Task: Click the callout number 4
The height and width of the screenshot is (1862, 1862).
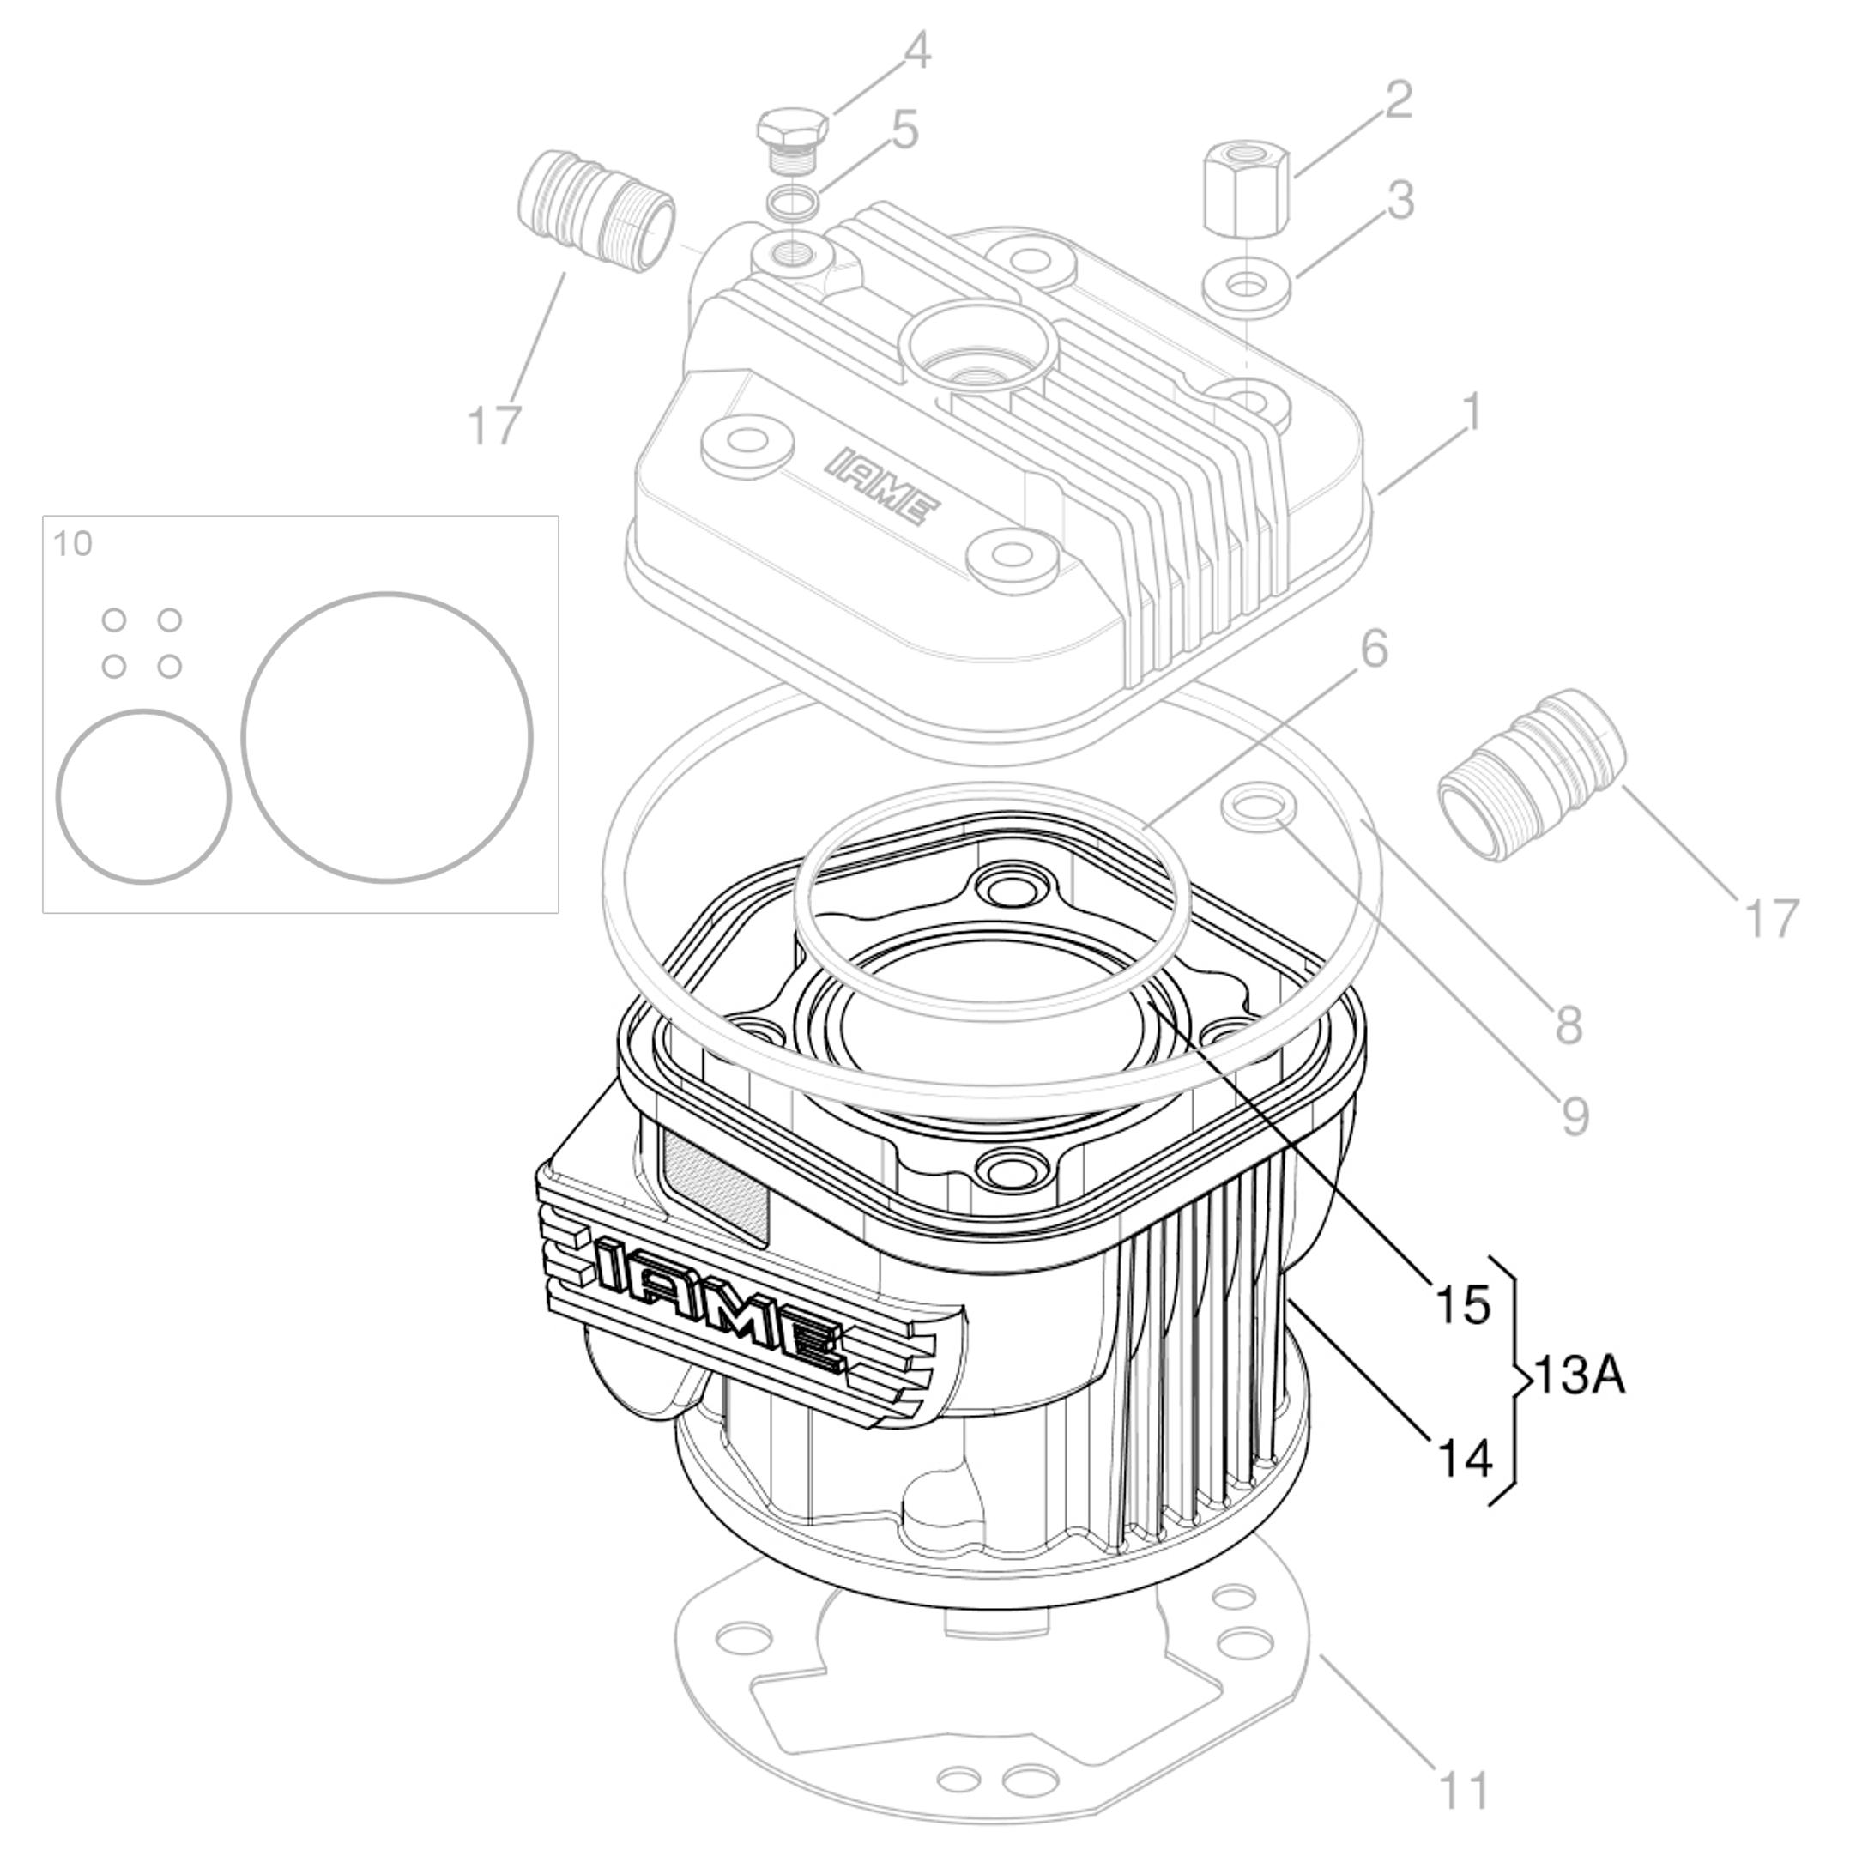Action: pyautogui.click(x=917, y=51)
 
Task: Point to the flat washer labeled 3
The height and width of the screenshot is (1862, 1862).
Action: pyautogui.click(x=1247, y=287)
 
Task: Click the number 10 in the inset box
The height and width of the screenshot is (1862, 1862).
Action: pyautogui.click(x=72, y=543)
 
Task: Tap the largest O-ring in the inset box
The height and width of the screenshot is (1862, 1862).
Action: pyautogui.click(x=386, y=737)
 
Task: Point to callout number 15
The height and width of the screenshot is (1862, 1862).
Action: pyautogui.click(x=1463, y=1305)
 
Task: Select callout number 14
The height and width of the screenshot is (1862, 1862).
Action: pyautogui.click(x=1464, y=1458)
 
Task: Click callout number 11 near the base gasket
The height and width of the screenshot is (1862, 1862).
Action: pyautogui.click(x=1463, y=1791)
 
